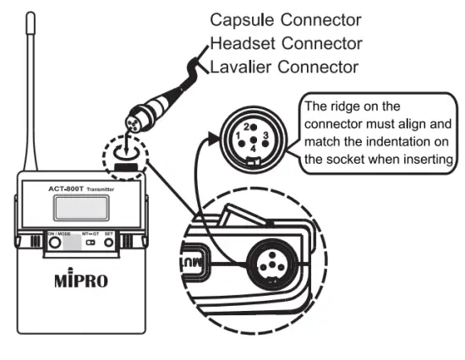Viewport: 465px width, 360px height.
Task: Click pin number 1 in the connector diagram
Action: pos(240,134)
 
